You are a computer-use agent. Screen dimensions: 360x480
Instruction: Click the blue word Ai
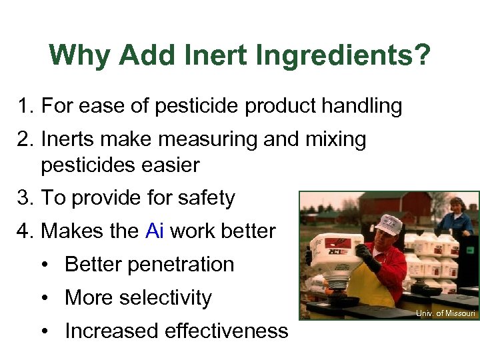coord(154,231)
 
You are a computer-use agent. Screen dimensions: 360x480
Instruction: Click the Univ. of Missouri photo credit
coord(446,313)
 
